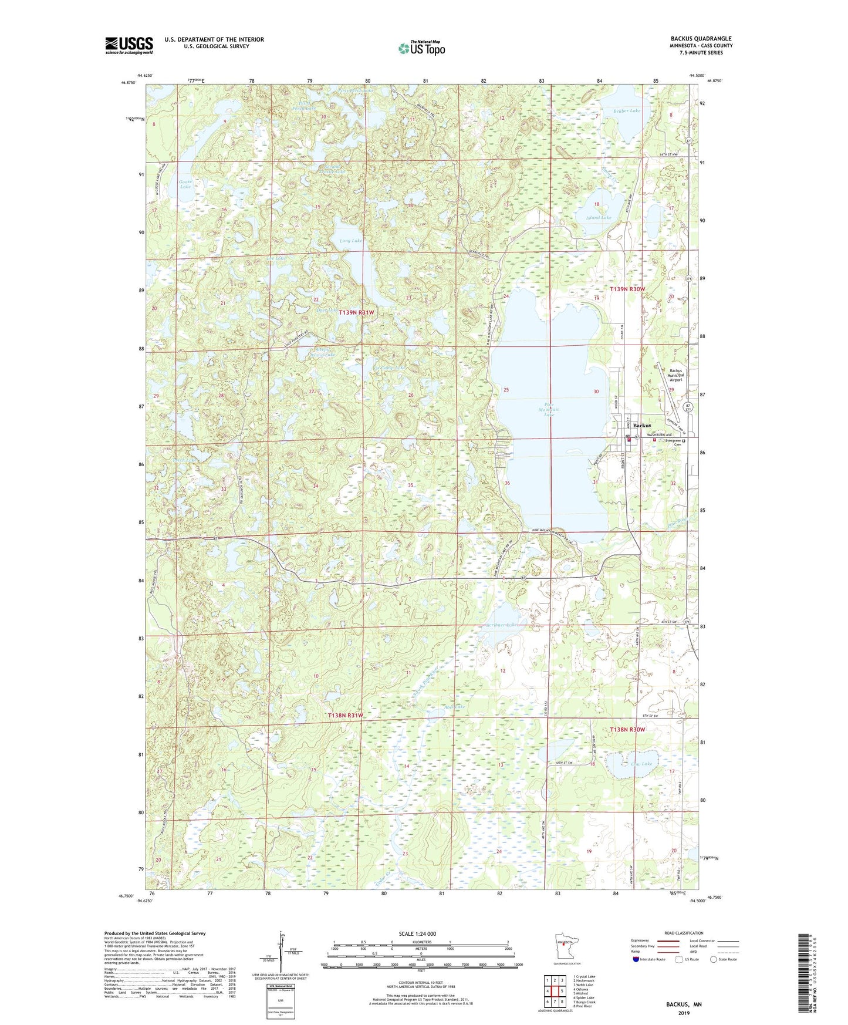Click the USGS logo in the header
tap(129, 45)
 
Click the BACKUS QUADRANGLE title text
tap(701, 39)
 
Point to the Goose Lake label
tap(185, 184)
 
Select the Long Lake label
tap(351, 241)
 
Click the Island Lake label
tap(599, 218)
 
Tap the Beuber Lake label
tap(627, 110)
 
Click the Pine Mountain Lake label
tap(548, 409)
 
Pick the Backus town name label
tap(642, 425)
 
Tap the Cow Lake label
tap(641, 764)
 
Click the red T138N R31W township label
tap(345, 716)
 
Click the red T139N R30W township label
tap(627, 289)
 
